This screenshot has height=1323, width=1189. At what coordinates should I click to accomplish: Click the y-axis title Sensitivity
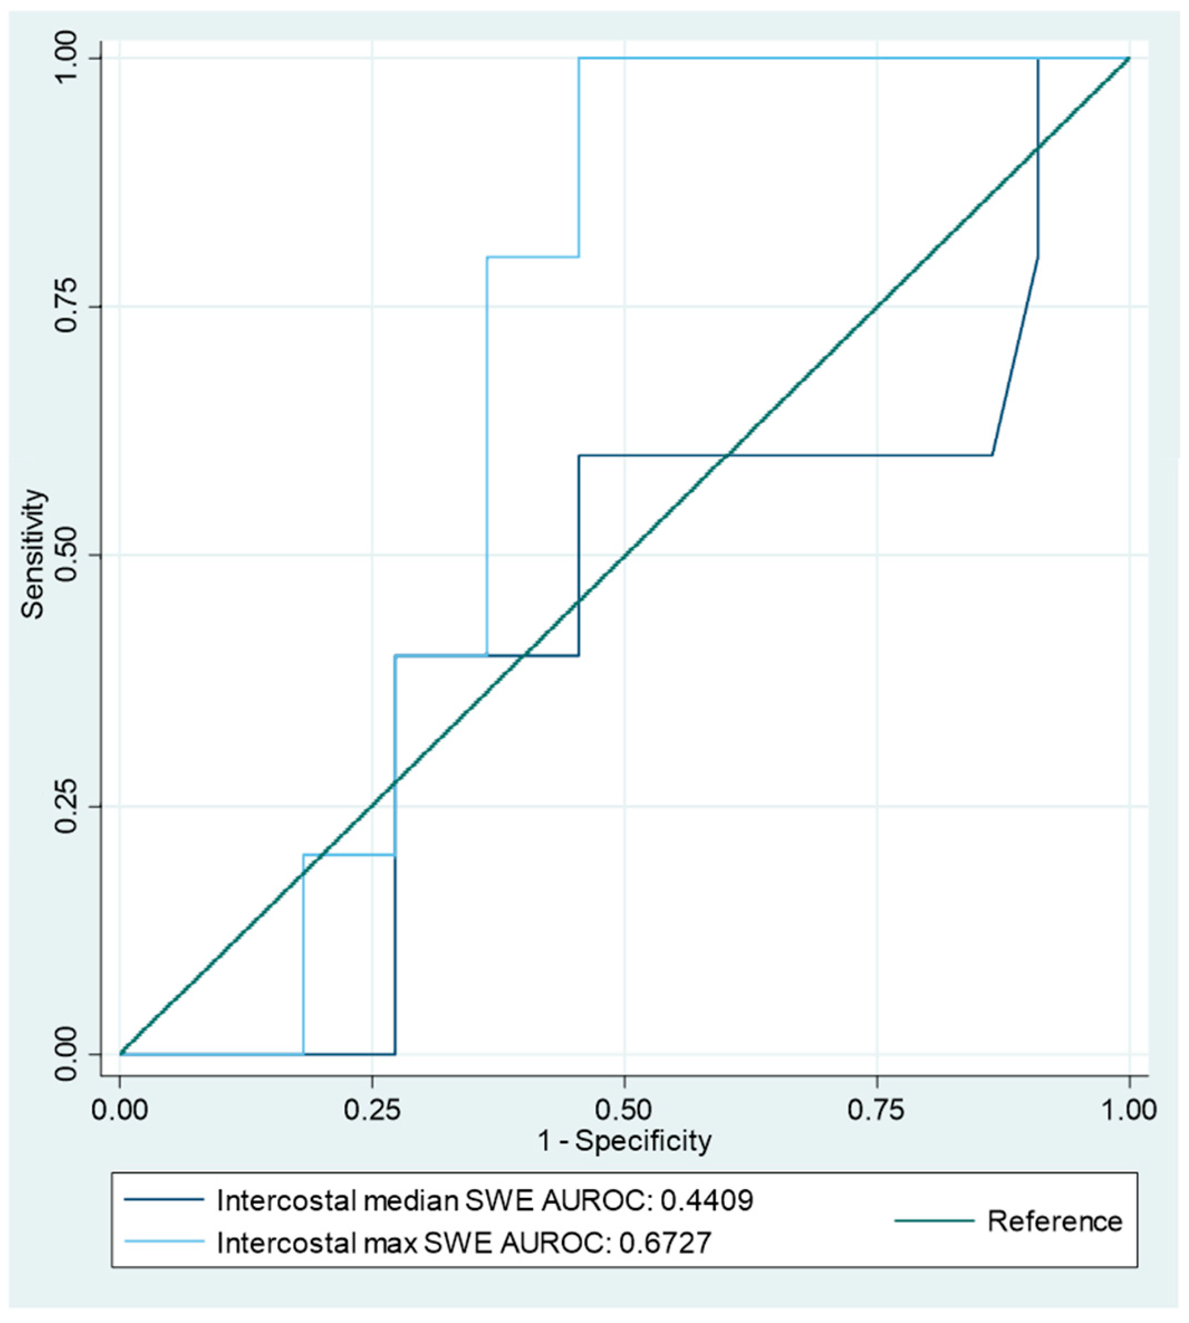tap(33, 554)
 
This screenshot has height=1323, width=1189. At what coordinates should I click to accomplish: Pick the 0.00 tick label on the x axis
tap(119, 1110)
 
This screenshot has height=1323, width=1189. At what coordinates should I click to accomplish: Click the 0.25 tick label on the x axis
tap(372, 1110)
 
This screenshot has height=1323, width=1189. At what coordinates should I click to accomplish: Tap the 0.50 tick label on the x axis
tap(624, 1110)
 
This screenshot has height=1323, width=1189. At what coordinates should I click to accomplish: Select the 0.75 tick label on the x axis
tap(876, 1110)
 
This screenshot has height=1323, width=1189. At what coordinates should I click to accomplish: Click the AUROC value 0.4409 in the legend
tap(707, 1200)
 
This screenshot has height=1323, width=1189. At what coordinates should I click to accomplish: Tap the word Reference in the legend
tap(1055, 1221)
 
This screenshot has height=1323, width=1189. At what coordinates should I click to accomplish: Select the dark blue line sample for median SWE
tap(164, 1200)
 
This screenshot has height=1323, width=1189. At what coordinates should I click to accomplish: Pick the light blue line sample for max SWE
tap(164, 1242)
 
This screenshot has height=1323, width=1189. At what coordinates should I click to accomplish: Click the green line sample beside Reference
tap(934, 1220)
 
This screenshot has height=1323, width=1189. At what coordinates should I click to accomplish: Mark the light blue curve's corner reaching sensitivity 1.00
tap(579, 59)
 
